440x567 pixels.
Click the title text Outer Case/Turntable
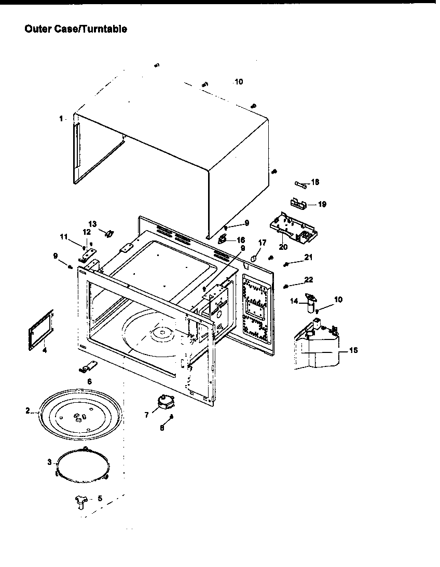pos(76,30)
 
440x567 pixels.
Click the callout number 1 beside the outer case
pos(61,119)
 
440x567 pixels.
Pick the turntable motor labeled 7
pos(166,401)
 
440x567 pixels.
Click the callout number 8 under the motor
pos(162,428)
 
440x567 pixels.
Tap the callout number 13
pos(92,223)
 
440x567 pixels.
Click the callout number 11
pos(63,236)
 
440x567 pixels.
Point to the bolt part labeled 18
pos(300,183)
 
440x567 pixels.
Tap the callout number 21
pos(308,258)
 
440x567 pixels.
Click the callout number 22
pos(308,280)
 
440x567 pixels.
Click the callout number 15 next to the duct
pos(353,350)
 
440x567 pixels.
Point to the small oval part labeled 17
pos(254,258)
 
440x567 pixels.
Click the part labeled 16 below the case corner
pos(223,238)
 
